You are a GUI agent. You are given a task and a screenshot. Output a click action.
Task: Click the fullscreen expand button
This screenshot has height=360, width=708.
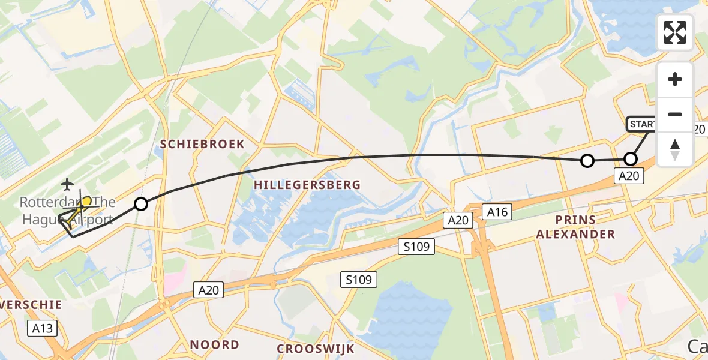[x=675, y=32]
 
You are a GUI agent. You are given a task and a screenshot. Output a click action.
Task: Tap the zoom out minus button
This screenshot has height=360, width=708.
[x=675, y=114]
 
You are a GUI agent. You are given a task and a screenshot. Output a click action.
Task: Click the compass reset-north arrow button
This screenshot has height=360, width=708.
[x=675, y=149]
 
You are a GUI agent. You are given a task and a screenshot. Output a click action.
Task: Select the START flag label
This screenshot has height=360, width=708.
[x=642, y=124]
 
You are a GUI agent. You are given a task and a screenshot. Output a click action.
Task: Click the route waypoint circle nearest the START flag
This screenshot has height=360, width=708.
[x=631, y=159]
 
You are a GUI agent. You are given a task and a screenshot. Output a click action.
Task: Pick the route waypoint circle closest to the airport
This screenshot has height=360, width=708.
[x=140, y=204]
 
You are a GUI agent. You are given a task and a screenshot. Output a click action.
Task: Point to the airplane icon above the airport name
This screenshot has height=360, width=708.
[x=67, y=183]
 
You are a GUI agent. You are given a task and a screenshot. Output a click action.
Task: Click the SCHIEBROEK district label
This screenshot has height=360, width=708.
[x=203, y=144]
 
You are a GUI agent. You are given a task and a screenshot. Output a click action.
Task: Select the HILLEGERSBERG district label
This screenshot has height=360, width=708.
[x=307, y=185]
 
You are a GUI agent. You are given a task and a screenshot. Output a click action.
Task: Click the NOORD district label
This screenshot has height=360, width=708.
[x=214, y=345]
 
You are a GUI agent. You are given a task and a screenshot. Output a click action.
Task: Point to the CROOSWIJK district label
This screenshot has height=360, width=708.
[x=316, y=349]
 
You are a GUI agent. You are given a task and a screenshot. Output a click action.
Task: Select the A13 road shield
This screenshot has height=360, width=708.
[x=42, y=328]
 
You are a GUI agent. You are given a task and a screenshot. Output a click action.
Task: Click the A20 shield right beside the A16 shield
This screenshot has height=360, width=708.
[x=459, y=221]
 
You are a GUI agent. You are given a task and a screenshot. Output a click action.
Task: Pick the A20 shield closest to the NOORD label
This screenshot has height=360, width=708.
[x=209, y=290]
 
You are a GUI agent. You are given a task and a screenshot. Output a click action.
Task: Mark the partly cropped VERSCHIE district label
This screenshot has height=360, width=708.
[x=31, y=305]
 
